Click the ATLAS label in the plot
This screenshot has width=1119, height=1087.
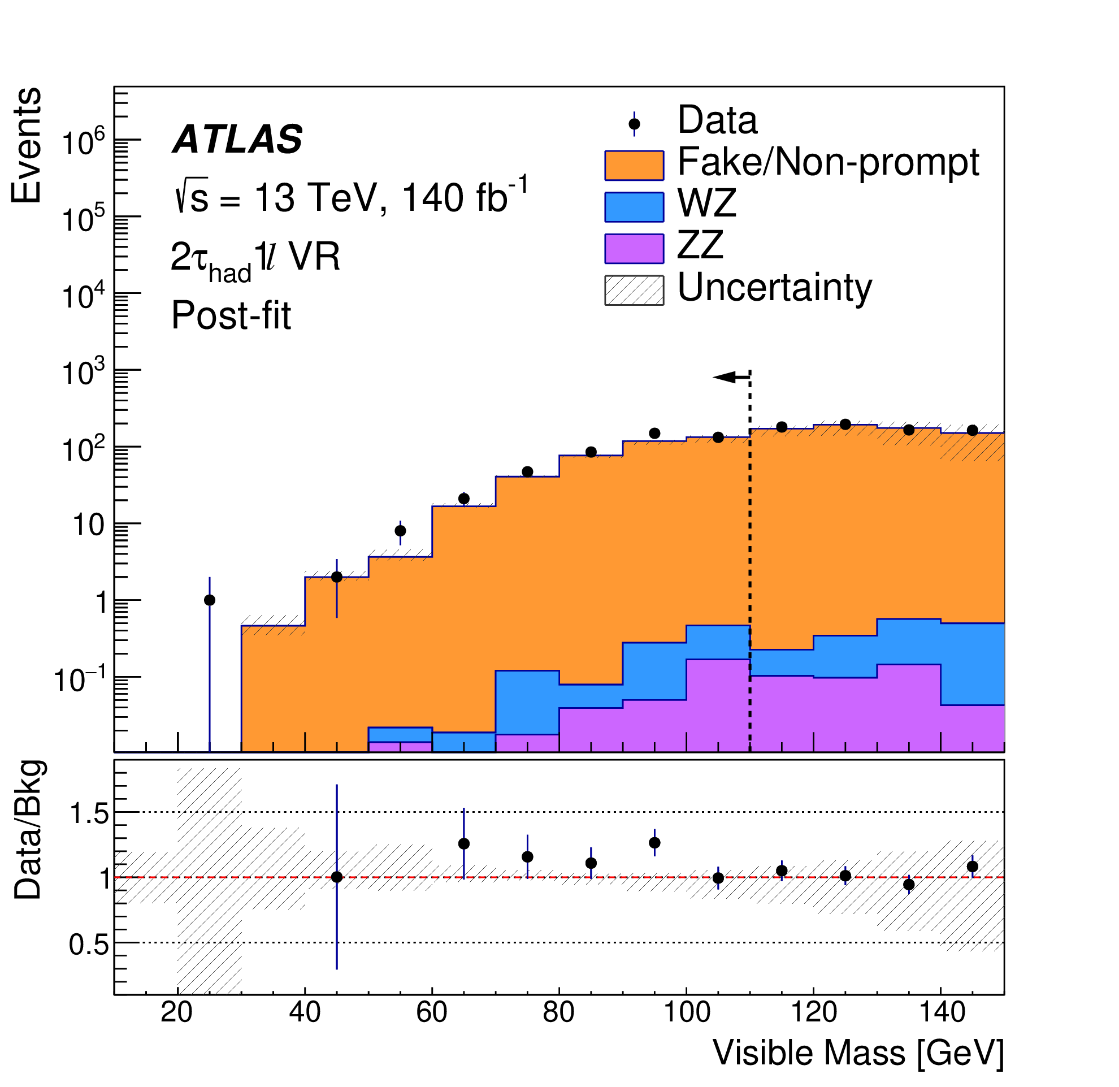[x=237, y=140]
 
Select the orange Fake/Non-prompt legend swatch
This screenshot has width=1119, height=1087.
[x=634, y=166]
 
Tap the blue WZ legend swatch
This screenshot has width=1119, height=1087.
[x=634, y=207]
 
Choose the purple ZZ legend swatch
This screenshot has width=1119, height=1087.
[x=634, y=248]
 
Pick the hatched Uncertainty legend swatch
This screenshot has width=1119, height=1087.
[x=634, y=290]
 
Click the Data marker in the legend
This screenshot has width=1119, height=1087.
[x=634, y=124]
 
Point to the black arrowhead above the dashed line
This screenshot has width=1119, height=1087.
[x=725, y=377]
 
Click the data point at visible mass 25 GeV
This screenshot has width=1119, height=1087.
[x=210, y=599]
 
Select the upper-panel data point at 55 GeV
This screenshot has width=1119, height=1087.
[x=400, y=530]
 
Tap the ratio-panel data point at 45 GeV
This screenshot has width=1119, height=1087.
[x=337, y=877]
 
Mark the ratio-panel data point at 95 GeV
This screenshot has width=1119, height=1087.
[x=655, y=843]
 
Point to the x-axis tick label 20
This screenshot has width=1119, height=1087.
[x=177, y=1012]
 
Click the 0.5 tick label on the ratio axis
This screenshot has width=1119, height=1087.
[x=89, y=946]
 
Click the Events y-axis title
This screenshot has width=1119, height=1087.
[x=26, y=146]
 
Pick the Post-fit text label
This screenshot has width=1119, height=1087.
[x=231, y=315]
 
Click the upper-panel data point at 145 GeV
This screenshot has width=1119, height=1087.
[x=972, y=430]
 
